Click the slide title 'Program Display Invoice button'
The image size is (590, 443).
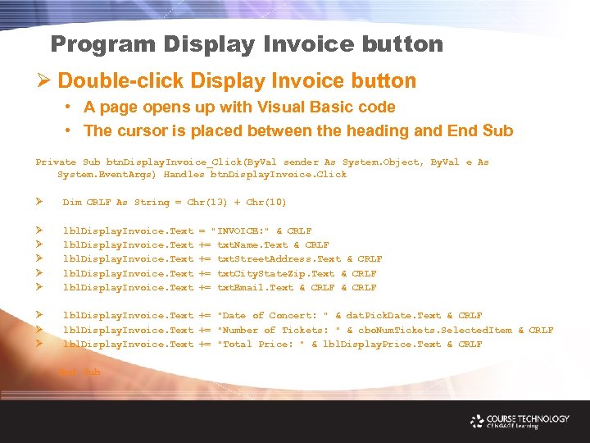coord(246,44)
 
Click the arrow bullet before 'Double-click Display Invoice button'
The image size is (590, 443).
coord(45,81)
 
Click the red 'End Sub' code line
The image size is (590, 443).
coord(79,372)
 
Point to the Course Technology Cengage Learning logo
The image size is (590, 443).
coord(520,421)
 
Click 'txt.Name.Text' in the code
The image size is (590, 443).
coord(252,245)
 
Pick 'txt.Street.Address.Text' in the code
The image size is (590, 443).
coord(279,259)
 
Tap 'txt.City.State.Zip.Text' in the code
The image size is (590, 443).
coord(276,274)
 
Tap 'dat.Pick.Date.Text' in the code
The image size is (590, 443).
coord(393,316)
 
